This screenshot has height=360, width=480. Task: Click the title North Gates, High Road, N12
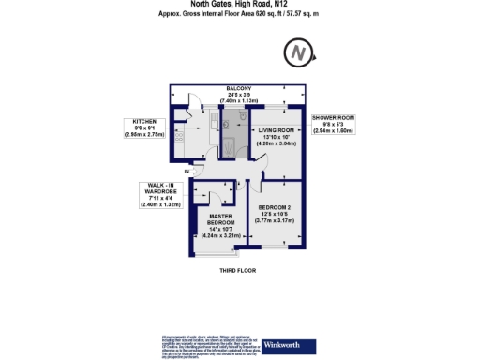click(x=239, y=5)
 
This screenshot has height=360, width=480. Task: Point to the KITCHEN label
click(x=143, y=122)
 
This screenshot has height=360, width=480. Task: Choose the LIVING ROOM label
click(x=277, y=130)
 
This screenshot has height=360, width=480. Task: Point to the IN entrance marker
click(x=188, y=172)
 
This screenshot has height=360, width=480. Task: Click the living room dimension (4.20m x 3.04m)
click(x=277, y=143)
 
